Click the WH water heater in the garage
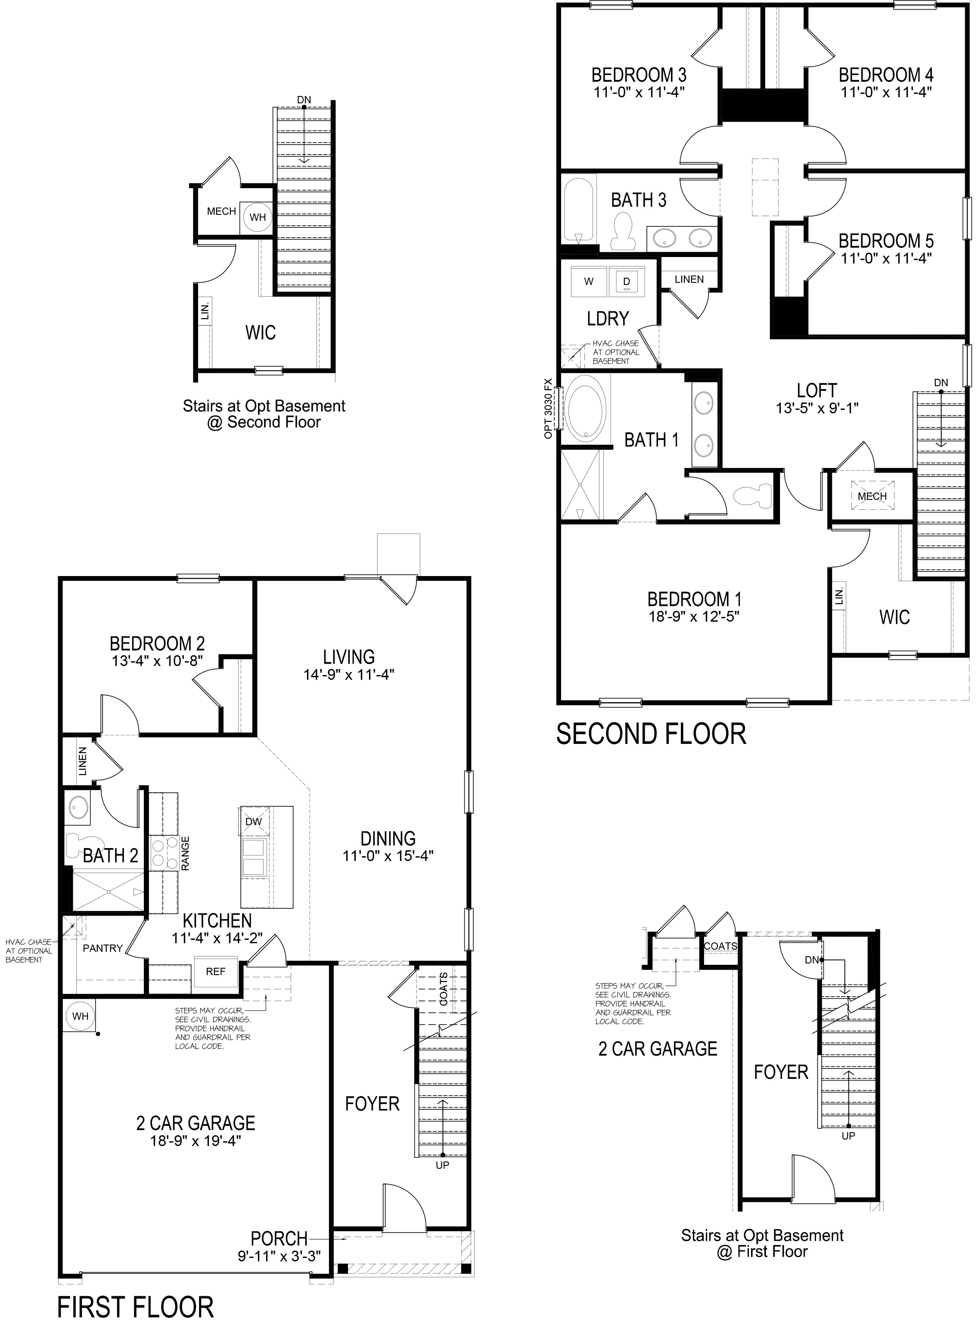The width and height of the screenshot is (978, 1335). (x=80, y=1016)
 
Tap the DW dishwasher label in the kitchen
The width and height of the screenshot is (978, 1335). (x=253, y=821)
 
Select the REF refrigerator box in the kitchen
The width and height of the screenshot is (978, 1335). (x=215, y=971)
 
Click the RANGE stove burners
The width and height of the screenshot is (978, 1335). (x=164, y=852)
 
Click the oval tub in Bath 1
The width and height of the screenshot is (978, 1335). (x=586, y=408)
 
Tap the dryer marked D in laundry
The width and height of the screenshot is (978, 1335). (x=626, y=281)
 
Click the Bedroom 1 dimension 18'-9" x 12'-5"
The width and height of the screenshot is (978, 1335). (x=694, y=616)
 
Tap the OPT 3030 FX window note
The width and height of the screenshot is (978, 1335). (x=548, y=408)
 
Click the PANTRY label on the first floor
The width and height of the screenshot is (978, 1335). (x=102, y=948)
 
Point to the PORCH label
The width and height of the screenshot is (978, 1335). (x=279, y=1238)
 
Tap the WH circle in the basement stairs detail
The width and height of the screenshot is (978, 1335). (x=258, y=217)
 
